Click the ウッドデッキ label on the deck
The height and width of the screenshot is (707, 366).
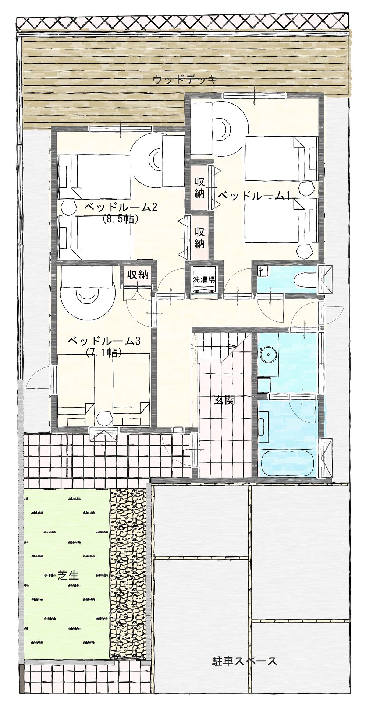(x=185, y=80)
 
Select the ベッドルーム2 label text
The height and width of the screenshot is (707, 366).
(x=121, y=207)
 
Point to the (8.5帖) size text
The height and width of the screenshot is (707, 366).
(x=120, y=219)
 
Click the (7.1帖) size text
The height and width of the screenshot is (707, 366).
(x=104, y=353)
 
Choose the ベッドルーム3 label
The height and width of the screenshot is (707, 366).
(x=104, y=341)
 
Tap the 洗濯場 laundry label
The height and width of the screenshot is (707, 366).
(x=204, y=279)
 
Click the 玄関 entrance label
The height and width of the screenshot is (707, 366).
(x=224, y=400)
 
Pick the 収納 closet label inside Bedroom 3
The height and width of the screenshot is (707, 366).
(x=138, y=274)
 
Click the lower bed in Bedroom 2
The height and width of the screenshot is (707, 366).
(x=94, y=238)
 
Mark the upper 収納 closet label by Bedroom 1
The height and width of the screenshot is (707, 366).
(x=199, y=187)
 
